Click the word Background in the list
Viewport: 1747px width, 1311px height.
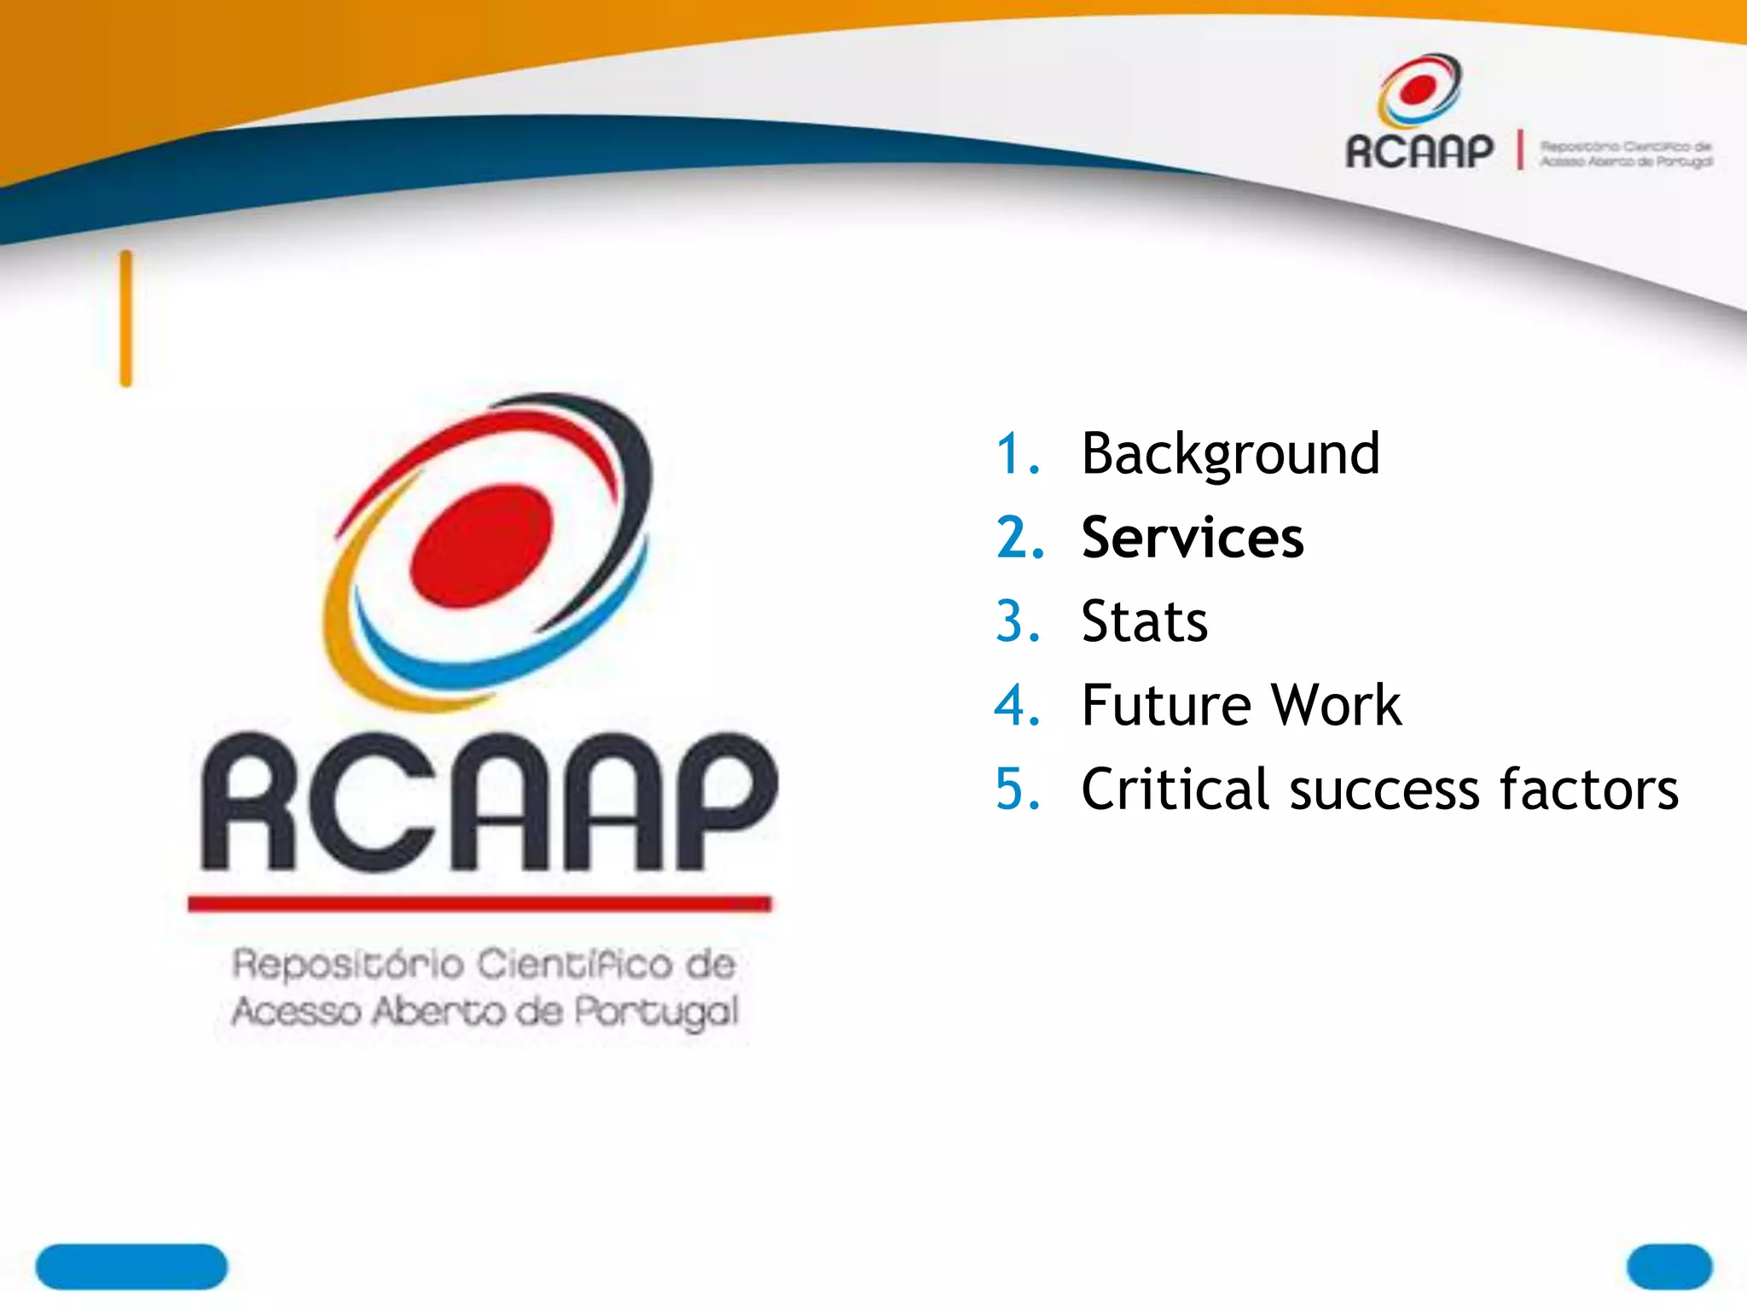[x=1229, y=453]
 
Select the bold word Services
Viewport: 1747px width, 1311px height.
[x=1192, y=538]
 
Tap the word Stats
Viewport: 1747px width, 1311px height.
[x=1144, y=621]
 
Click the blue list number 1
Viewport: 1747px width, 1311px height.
[x=1018, y=453]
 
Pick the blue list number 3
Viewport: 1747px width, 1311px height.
[x=1018, y=621]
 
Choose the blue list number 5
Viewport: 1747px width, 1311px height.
[x=1018, y=789]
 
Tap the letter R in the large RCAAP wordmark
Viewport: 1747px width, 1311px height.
[x=247, y=802]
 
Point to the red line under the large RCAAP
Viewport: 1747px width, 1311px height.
[x=479, y=903]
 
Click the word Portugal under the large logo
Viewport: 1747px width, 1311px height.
[x=654, y=1011]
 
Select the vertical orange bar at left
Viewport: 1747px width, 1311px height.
[x=126, y=318]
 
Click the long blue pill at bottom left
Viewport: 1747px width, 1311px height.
[x=131, y=1267]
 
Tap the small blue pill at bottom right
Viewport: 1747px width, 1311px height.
[x=1669, y=1267]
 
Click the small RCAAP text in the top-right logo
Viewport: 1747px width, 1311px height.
[x=1419, y=152]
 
